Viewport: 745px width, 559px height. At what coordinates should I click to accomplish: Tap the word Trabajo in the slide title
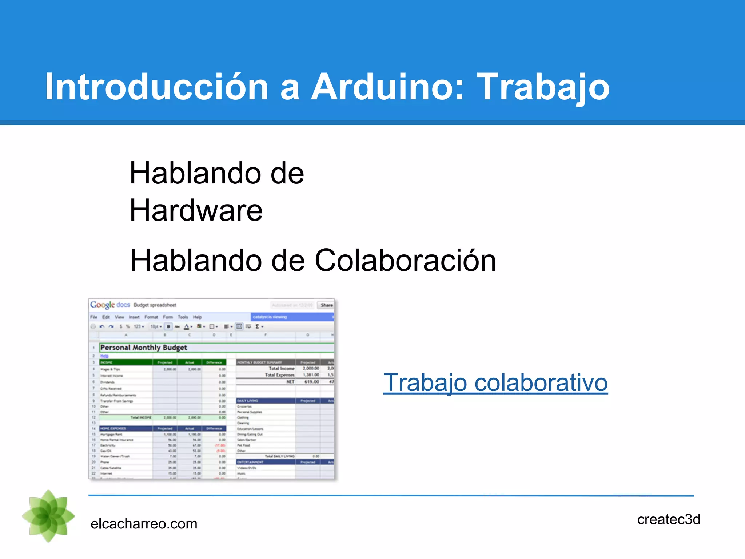pyautogui.click(x=543, y=87)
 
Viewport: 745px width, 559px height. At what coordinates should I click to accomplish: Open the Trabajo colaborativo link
pyautogui.click(x=495, y=383)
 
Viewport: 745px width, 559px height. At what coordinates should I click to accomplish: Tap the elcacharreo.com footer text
pyautogui.click(x=144, y=524)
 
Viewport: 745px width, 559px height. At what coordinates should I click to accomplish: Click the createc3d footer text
pyautogui.click(x=668, y=519)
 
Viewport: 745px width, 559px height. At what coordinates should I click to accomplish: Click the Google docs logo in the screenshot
pyautogui.click(x=110, y=305)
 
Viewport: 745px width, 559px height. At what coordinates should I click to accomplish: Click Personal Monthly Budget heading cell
pyautogui.click(x=144, y=348)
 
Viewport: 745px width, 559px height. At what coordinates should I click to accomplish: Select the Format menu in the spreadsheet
pyautogui.click(x=151, y=317)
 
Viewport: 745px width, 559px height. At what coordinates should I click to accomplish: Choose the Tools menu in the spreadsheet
pyautogui.click(x=183, y=317)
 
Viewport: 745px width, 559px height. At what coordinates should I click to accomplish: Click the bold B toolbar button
pyautogui.click(x=168, y=326)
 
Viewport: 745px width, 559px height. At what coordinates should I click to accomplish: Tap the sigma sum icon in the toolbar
pyautogui.click(x=257, y=326)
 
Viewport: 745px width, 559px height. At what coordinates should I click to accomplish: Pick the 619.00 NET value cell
pyautogui.click(x=311, y=382)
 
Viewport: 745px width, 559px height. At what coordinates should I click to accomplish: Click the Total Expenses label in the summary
pyautogui.click(x=279, y=375)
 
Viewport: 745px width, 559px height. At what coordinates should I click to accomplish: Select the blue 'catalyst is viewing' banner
pyautogui.click(x=291, y=317)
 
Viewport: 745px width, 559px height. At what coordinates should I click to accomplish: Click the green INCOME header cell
pyautogui.click(x=126, y=362)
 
